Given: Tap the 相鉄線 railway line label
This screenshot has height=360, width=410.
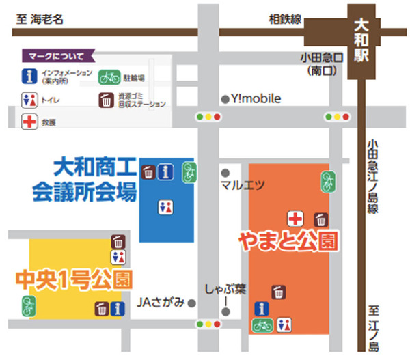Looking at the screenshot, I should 285,20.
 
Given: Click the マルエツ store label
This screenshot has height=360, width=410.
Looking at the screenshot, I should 242,184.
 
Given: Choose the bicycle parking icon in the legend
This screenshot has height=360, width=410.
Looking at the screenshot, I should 108,77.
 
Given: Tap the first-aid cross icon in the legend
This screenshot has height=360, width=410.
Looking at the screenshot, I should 29,122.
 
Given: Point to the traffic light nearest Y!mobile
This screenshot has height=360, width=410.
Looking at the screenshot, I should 208,117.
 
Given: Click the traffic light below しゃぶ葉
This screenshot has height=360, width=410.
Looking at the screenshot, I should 208,324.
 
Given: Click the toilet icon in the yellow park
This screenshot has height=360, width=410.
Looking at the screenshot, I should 119,257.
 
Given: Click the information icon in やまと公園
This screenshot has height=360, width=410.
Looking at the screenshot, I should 260,309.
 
